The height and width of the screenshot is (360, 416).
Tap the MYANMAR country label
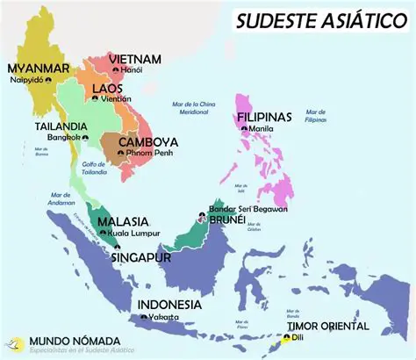click(38, 68)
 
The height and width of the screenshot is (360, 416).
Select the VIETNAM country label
click(135, 59)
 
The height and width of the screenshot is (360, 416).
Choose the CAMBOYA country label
click(147, 141)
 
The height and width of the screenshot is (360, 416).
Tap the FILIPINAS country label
click(265, 117)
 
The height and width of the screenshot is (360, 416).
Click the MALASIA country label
click(123, 221)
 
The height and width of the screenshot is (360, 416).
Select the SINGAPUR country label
click(141, 258)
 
